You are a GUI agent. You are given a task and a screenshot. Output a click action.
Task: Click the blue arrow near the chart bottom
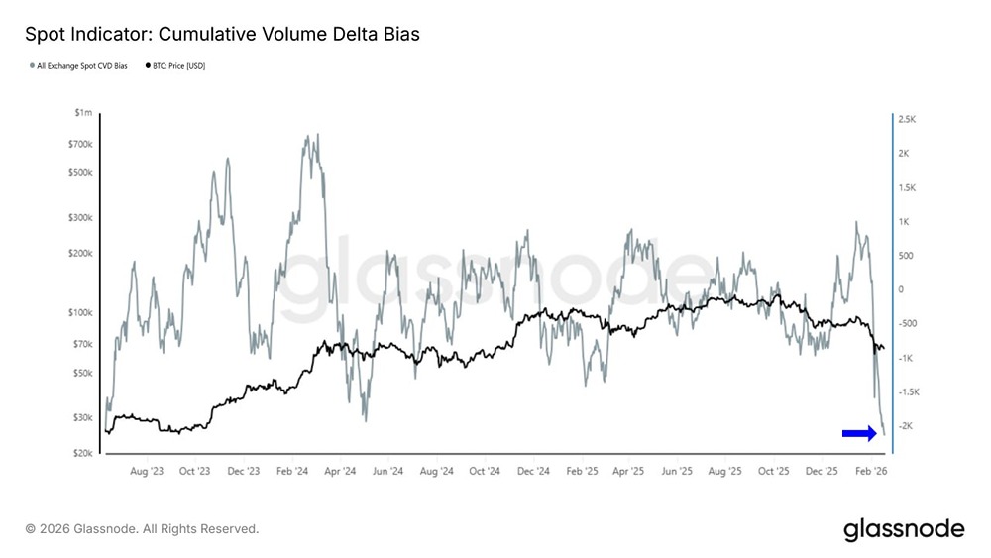tap(859, 433)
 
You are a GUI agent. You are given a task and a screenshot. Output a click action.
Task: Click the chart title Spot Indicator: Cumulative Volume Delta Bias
tap(222, 35)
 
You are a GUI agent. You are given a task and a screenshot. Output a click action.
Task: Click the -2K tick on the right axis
tap(905, 426)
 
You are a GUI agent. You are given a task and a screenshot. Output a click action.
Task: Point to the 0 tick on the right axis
tap(901, 289)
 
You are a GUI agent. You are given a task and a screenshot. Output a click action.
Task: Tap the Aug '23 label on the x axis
tap(147, 472)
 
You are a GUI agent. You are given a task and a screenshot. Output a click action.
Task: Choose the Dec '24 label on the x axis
tap(535, 472)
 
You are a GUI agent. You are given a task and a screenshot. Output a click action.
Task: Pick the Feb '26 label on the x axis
tap(871, 472)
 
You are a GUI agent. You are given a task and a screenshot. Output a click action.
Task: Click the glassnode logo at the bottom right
tap(903, 529)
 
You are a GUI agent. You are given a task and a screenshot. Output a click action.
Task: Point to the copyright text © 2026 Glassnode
tap(142, 529)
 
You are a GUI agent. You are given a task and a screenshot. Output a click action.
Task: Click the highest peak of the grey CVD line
tap(315, 135)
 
